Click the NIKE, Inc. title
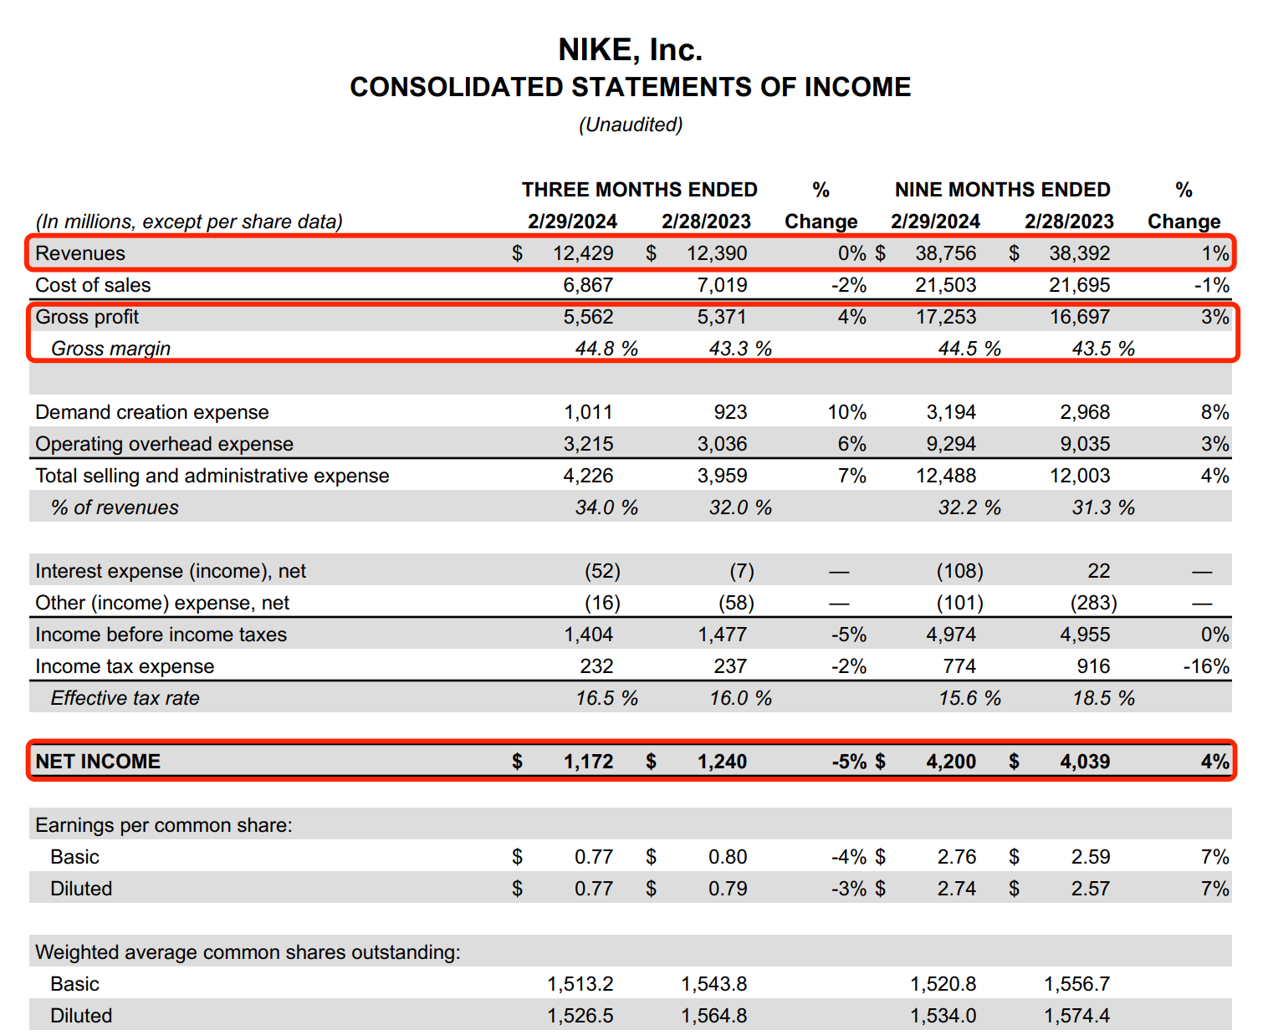(630, 50)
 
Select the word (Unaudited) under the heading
(631, 125)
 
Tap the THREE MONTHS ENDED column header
(639, 190)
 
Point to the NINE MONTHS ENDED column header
(1002, 190)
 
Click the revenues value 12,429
(583, 253)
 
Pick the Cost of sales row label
(93, 285)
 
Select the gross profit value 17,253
(945, 317)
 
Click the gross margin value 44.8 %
(606, 349)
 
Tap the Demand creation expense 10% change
(846, 412)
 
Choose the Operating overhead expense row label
(164, 444)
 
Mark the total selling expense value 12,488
(945, 476)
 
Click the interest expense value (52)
(602, 571)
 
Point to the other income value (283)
(1093, 603)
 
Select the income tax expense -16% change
(1205, 666)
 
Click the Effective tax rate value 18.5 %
(1103, 698)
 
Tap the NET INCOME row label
(98, 762)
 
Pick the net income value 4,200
(951, 762)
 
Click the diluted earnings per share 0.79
(728, 889)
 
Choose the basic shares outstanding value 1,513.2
(580, 984)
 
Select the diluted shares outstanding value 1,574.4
(1076, 1016)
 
